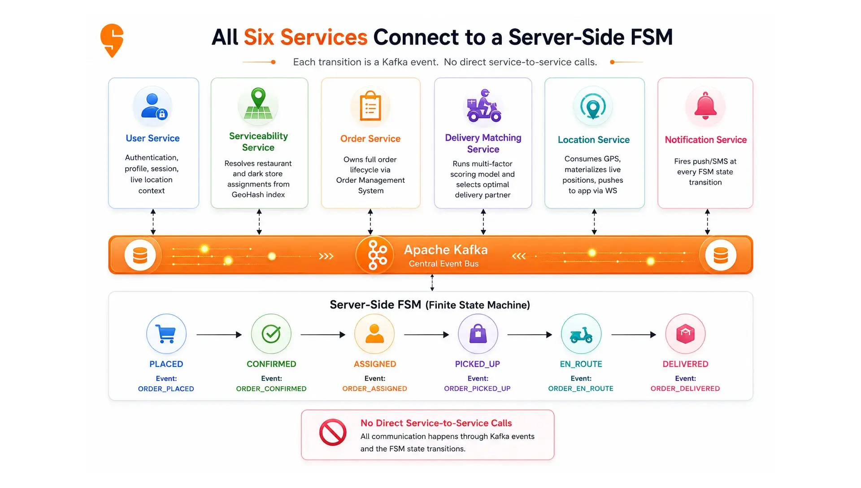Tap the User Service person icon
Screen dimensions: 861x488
click(x=153, y=106)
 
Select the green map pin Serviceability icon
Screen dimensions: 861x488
click(x=258, y=104)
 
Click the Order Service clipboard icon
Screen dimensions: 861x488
click(x=370, y=106)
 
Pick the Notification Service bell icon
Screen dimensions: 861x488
click(x=705, y=106)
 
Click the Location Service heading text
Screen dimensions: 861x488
click(x=594, y=140)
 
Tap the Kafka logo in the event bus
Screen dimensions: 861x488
click(x=377, y=255)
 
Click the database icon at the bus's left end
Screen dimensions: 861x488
click(x=140, y=255)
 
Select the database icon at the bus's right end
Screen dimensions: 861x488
click(x=721, y=255)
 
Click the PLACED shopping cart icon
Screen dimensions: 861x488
click(x=166, y=334)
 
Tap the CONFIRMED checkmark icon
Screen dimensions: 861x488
click(x=271, y=334)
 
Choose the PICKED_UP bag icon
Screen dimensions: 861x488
click(x=478, y=334)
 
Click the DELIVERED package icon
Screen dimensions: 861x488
click(x=686, y=334)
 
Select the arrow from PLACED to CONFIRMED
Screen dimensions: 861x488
click(x=219, y=335)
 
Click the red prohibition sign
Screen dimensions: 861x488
click(x=333, y=432)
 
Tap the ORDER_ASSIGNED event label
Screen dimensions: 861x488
click(x=375, y=389)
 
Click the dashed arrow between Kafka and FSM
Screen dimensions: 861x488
click(x=432, y=283)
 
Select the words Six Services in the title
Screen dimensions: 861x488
click(x=306, y=37)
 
